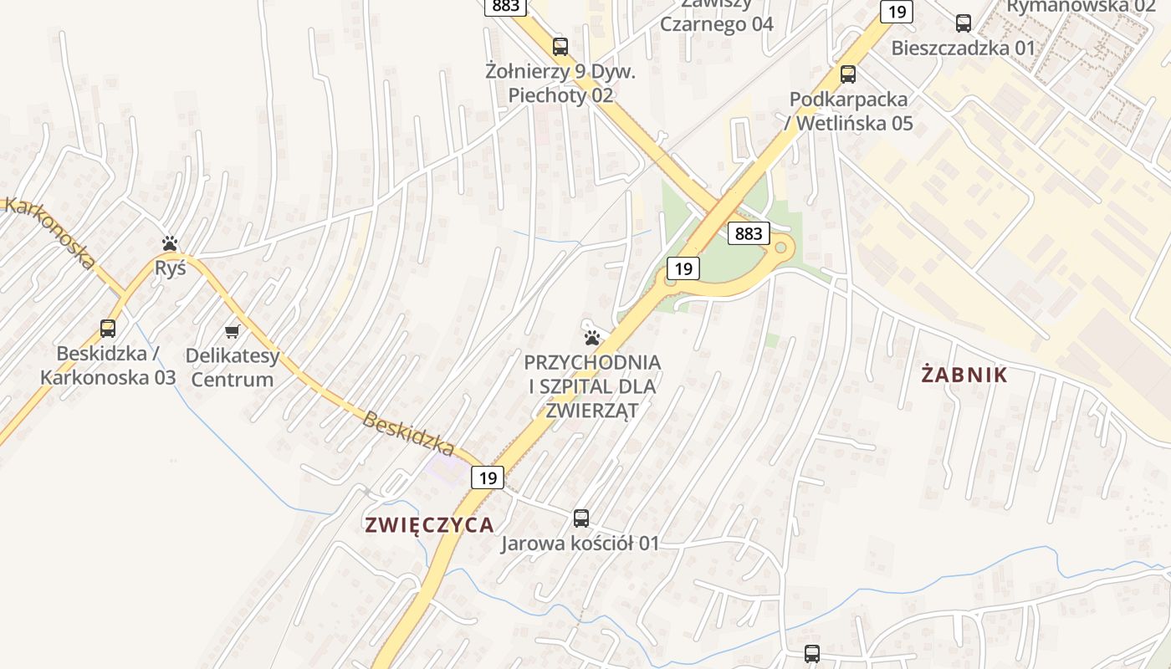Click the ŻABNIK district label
click(964, 375)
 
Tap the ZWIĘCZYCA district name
click(429, 524)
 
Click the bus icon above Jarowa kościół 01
click(581, 518)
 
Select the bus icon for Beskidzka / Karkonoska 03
click(108, 329)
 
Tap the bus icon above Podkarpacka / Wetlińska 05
click(848, 74)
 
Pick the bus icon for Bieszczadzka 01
click(964, 23)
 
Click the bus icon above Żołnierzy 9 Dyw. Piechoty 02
click(560, 47)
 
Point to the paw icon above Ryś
click(171, 243)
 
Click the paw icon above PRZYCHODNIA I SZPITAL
click(592, 338)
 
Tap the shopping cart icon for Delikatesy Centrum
click(233, 332)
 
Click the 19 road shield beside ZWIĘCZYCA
click(488, 478)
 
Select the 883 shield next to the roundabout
click(748, 233)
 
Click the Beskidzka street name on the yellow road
click(408, 433)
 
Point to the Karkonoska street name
click(50, 232)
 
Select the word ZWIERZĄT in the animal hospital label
click(592, 411)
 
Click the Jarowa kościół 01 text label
click(580, 544)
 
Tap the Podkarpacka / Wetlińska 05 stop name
click(848, 111)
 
